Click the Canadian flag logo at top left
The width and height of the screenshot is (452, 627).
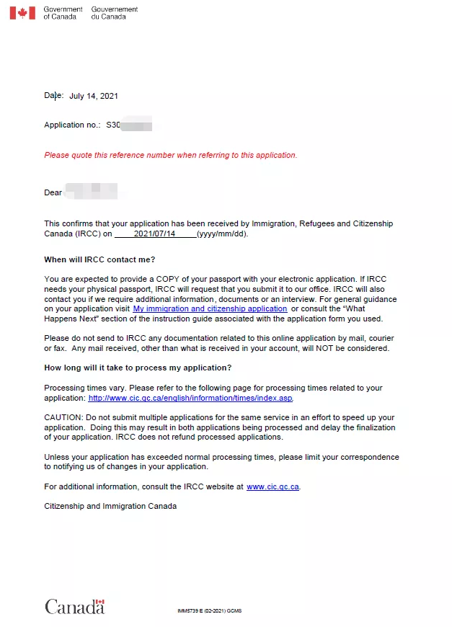click(x=22, y=13)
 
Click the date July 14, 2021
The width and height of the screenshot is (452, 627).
click(x=94, y=96)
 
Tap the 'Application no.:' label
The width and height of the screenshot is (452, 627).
click(x=72, y=125)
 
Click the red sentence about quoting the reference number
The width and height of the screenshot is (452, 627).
click(x=170, y=155)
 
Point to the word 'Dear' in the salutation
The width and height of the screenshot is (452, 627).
click(x=53, y=192)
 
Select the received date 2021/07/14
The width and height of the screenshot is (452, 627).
click(x=154, y=234)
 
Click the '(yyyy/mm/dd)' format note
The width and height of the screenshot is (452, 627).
click(x=223, y=234)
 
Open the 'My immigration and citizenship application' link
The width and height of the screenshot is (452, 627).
click(x=210, y=308)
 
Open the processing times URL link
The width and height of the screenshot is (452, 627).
click(x=190, y=398)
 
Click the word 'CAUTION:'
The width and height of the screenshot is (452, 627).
click(x=63, y=418)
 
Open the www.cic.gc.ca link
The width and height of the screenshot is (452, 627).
click(x=272, y=486)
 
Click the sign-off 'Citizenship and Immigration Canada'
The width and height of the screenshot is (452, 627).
click(x=110, y=506)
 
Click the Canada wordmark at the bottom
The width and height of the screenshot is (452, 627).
click(x=74, y=607)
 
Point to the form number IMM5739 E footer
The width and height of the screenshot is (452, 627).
click(x=209, y=611)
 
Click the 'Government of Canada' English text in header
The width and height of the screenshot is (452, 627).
click(x=63, y=13)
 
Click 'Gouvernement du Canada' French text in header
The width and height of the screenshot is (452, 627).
click(x=114, y=13)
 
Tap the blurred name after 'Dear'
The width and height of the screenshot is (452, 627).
click(x=91, y=192)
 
